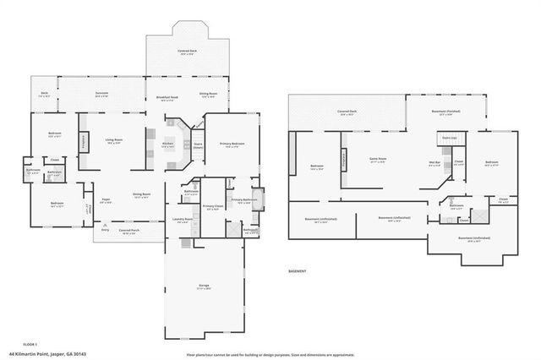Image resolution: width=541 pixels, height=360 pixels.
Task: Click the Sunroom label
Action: click(101, 95)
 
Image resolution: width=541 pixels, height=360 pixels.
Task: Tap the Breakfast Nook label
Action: click(169, 99)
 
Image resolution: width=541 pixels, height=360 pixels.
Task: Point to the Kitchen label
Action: click(167, 145)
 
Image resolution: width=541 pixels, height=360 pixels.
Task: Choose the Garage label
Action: click(204, 287)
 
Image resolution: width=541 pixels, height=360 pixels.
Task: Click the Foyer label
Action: click(107, 200)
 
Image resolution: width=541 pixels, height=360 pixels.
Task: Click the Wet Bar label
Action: click(434, 164)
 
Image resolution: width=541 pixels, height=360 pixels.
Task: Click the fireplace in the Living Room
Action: click(84, 142)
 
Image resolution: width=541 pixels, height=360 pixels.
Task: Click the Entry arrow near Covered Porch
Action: click(104, 227)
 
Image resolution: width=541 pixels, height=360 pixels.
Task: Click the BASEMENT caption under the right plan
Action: click(298, 272)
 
